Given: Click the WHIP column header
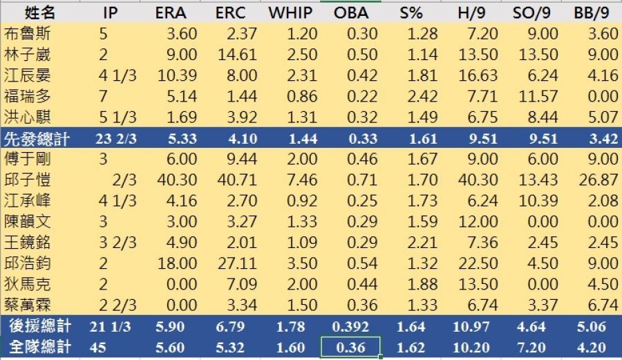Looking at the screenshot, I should (x=290, y=12).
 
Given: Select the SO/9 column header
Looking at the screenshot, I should (x=536, y=12).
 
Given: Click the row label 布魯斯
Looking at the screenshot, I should (x=26, y=33).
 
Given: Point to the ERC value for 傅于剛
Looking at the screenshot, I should (x=237, y=159).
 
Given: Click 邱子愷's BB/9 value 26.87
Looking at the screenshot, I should (x=598, y=180).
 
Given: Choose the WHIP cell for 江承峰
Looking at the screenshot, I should (x=296, y=201).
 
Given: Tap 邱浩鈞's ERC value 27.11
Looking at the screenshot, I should (x=237, y=264).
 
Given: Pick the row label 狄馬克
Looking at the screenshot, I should (x=26, y=285).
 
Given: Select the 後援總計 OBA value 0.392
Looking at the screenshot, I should (x=350, y=327).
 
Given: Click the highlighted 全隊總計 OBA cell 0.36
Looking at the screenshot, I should (x=350, y=347).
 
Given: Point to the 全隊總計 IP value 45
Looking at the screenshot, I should (x=98, y=347).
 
